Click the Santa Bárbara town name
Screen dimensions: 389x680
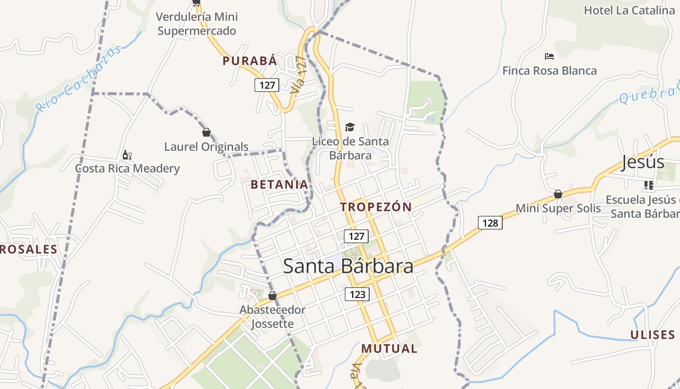(x=348, y=266)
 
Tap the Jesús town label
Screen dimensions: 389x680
(x=643, y=162)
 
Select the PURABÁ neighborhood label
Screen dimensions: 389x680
(x=250, y=61)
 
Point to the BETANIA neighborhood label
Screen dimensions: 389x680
(x=279, y=184)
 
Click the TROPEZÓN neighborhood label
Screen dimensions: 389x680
(x=375, y=207)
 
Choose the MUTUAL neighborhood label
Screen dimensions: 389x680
(x=389, y=348)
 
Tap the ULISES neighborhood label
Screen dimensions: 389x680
(x=652, y=335)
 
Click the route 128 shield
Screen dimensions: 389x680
(x=490, y=223)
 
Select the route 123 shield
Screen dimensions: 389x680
(x=357, y=294)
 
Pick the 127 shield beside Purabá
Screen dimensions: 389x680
(x=267, y=85)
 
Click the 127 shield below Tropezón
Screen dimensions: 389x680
(x=356, y=236)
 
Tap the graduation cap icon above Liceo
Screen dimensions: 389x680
(x=350, y=127)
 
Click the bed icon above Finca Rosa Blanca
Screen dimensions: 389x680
(x=549, y=56)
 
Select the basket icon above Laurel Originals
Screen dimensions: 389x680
(x=206, y=132)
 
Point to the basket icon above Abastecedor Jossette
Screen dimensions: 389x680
(x=272, y=296)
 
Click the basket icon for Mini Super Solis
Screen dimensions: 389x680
(x=558, y=194)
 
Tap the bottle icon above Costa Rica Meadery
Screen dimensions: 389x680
(x=127, y=155)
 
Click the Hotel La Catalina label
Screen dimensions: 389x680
(x=629, y=10)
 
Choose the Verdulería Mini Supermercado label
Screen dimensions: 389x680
(x=197, y=24)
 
